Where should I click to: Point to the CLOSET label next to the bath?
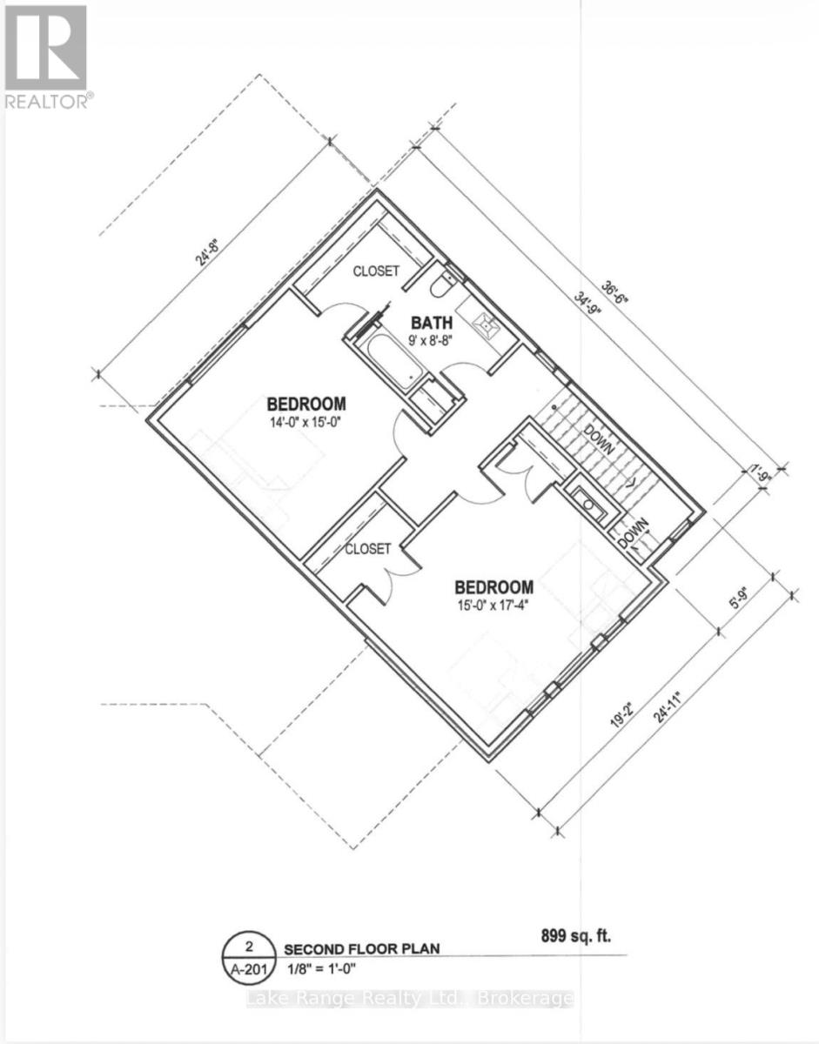point(376,271)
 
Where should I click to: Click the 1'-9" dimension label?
point(762,474)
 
